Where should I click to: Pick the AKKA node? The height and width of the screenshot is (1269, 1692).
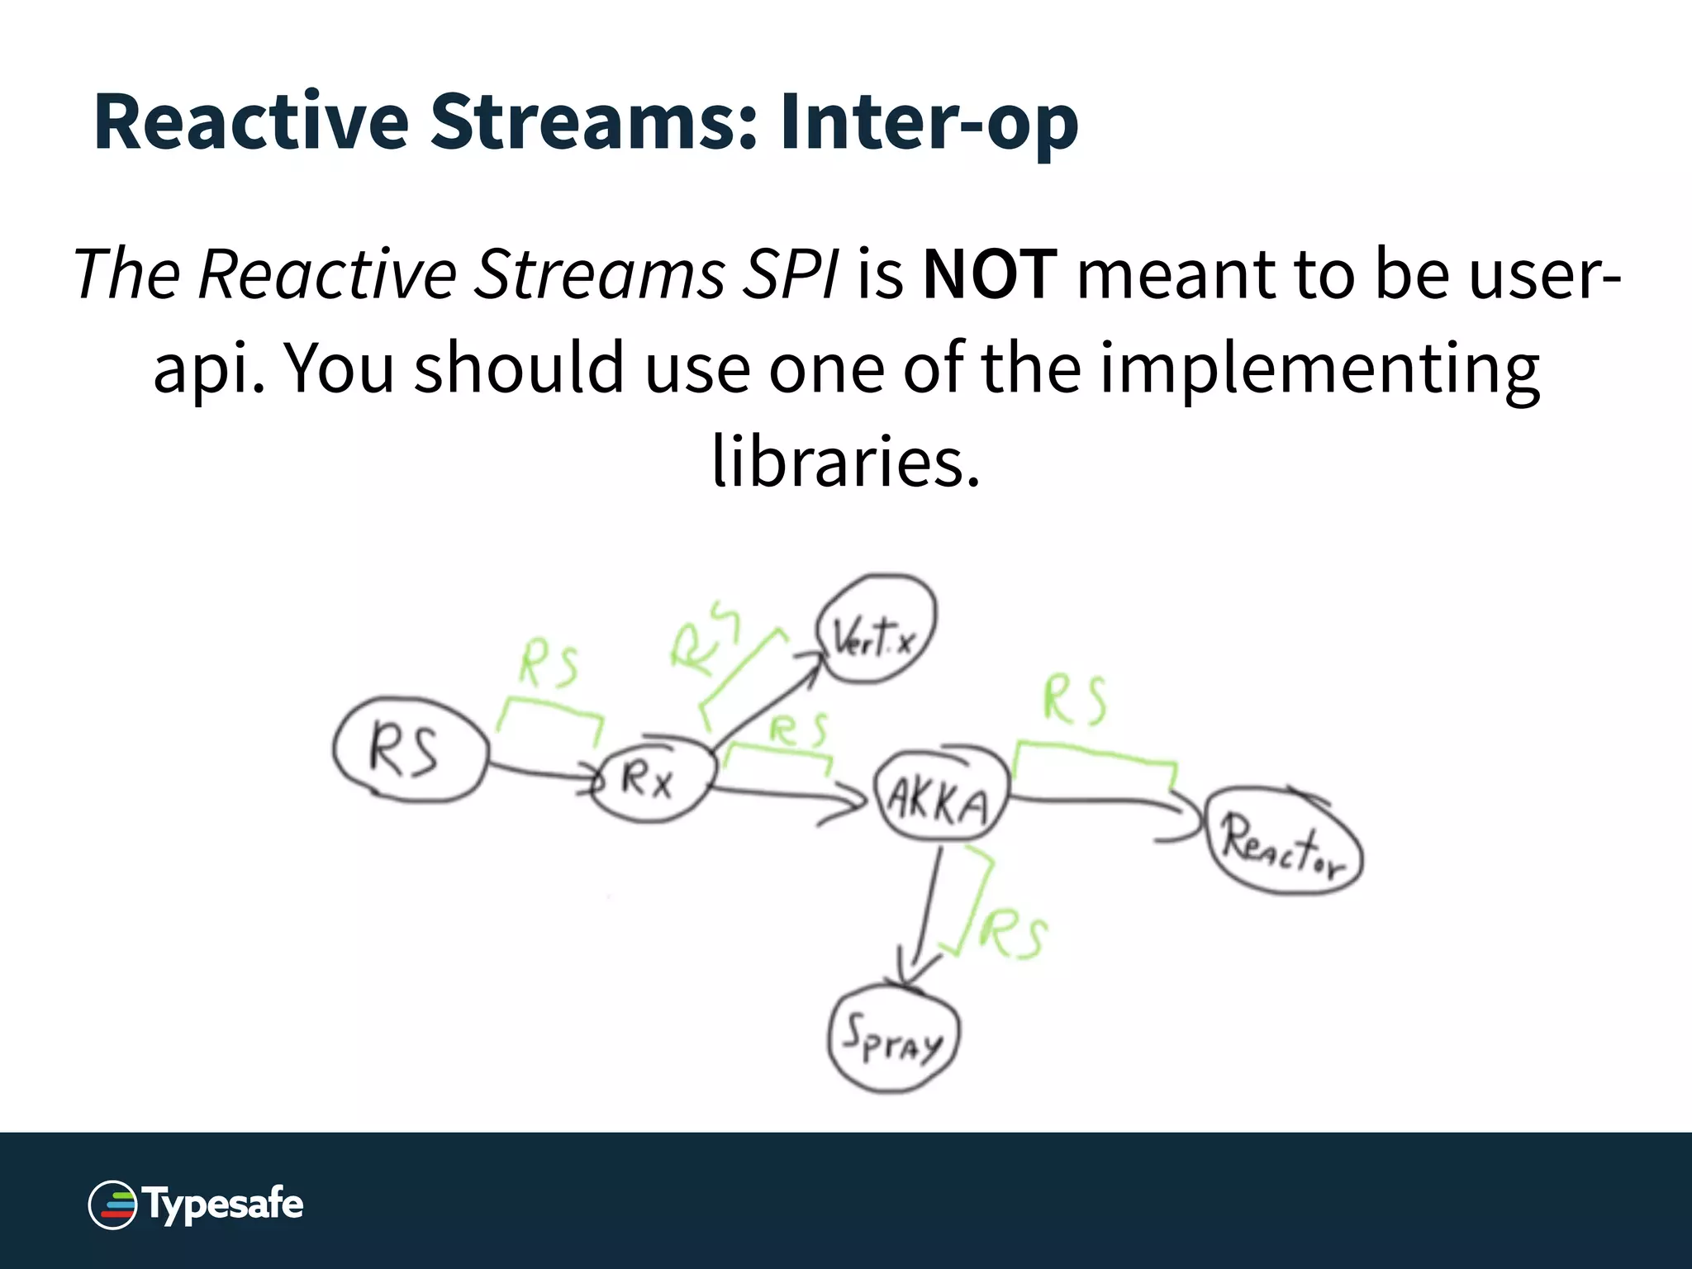pyautogui.click(x=940, y=798)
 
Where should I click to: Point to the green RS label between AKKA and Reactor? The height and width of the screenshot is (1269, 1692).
pyautogui.click(x=1074, y=701)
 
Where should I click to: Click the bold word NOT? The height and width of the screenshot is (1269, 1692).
pyautogui.click(x=990, y=274)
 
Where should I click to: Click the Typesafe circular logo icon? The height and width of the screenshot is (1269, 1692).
pyautogui.click(x=112, y=1205)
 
